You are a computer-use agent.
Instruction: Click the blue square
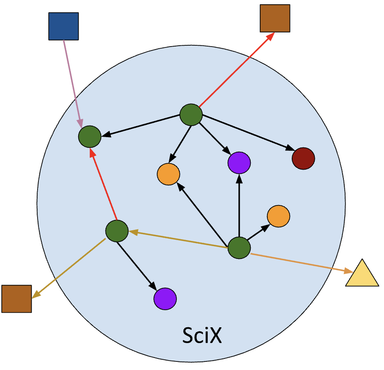click(64, 26)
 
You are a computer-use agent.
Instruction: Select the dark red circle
click(303, 159)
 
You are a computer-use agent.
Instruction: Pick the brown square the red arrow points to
click(275, 18)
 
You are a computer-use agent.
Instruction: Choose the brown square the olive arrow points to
click(17, 299)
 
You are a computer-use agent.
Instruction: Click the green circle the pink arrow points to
click(90, 137)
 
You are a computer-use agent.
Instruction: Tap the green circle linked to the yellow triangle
click(239, 248)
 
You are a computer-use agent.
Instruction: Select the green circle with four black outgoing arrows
click(191, 115)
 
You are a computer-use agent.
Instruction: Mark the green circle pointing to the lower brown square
click(117, 231)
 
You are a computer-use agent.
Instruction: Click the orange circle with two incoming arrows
click(168, 174)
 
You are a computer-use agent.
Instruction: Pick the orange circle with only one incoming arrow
click(278, 216)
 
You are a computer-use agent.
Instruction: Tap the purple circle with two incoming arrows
click(239, 162)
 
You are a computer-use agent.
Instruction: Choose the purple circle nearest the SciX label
click(165, 299)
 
